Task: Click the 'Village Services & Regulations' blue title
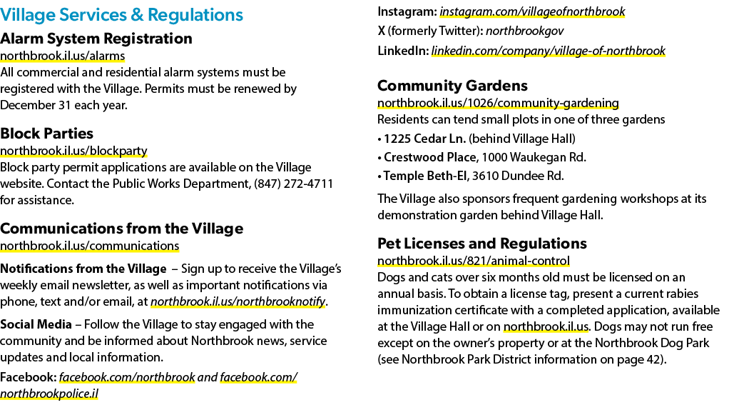[x=121, y=15]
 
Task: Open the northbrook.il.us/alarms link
[x=62, y=56]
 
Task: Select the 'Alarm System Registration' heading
[x=96, y=38]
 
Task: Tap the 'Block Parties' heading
[x=46, y=133]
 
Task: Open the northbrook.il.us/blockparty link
[x=73, y=151]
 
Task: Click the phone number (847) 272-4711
[x=293, y=184]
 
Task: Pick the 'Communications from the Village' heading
[x=122, y=229]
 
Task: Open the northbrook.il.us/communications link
[x=89, y=246]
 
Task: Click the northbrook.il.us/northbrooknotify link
[x=238, y=302]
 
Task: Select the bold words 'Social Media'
[x=36, y=324]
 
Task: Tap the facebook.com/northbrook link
[x=127, y=377]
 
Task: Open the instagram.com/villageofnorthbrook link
[x=532, y=11]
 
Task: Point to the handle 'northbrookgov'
[x=524, y=31]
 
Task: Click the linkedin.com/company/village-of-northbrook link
[x=548, y=51]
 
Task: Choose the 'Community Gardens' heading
[x=452, y=85]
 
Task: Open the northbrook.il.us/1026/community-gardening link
[x=498, y=103]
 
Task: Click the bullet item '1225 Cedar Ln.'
[x=424, y=139]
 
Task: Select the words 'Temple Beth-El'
[x=425, y=176]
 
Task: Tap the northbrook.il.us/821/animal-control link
[x=474, y=261]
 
